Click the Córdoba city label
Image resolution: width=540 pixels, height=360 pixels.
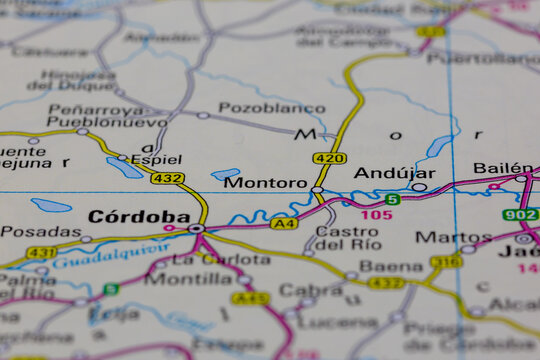pyautogui.click(x=138, y=216)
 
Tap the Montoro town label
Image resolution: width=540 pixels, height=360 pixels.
pyautogui.click(x=265, y=183)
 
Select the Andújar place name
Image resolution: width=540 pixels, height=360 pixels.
pyautogui.click(x=394, y=173)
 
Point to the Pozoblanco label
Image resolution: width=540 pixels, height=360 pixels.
pyautogui.click(x=258, y=107)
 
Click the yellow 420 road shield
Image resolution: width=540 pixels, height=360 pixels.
pyautogui.click(x=329, y=158)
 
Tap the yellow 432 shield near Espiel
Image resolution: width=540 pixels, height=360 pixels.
pyautogui.click(x=167, y=178)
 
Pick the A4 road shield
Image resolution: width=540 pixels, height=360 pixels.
pyautogui.click(x=284, y=223)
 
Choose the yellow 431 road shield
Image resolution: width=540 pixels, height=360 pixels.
pyautogui.click(x=41, y=253)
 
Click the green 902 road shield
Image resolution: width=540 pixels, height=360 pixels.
pyautogui.click(x=520, y=214)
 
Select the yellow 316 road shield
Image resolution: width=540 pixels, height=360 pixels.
pyautogui.click(x=446, y=262)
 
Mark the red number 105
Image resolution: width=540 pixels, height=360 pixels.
pyautogui.click(x=377, y=215)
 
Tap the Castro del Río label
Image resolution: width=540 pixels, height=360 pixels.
pyautogui.click(x=347, y=238)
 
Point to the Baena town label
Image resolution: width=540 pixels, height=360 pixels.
pyautogui.click(x=391, y=266)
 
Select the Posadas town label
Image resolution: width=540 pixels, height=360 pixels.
pyautogui.click(x=40, y=232)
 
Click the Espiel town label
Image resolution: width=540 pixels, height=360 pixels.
pyautogui.click(x=156, y=159)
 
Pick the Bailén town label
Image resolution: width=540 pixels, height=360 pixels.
pyautogui.click(x=502, y=168)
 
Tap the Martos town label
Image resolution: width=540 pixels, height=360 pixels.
pyautogui.click(x=440, y=238)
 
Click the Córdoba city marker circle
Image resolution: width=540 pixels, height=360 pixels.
pyautogui.click(x=196, y=229)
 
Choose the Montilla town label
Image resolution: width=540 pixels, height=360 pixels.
pyautogui.click(x=188, y=279)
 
